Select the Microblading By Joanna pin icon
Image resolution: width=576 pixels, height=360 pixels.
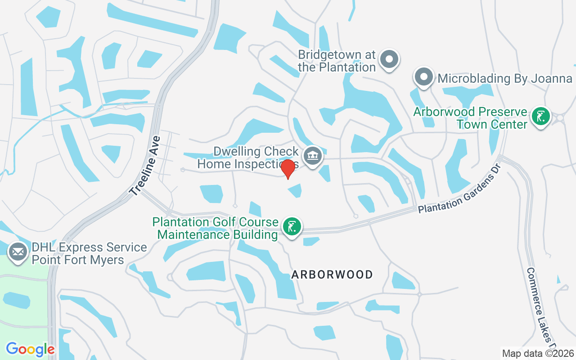pyautogui.click(x=423, y=77)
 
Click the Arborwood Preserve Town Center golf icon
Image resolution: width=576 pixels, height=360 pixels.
pyautogui.click(x=540, y=116)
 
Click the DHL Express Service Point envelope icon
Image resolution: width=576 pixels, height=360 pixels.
pyautogui.click(x=18, y=252)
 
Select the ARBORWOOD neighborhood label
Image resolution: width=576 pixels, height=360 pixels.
pyautogui.click(x=332, y=274)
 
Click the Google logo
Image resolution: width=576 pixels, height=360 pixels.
pyautogui.click(x=30, y=349)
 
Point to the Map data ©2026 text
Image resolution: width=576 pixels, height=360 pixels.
pyautogui.click(x=538, y=353)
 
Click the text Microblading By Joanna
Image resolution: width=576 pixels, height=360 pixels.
pyautogui.click(x=504, y=79)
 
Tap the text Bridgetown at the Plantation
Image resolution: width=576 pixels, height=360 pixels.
pyautogui.click(x=337, y=61)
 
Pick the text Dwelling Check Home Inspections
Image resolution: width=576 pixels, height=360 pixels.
pyautogui.click(x=248, y=157)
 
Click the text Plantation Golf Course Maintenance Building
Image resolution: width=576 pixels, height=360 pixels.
pyautogui.click(x=215, y=228)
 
